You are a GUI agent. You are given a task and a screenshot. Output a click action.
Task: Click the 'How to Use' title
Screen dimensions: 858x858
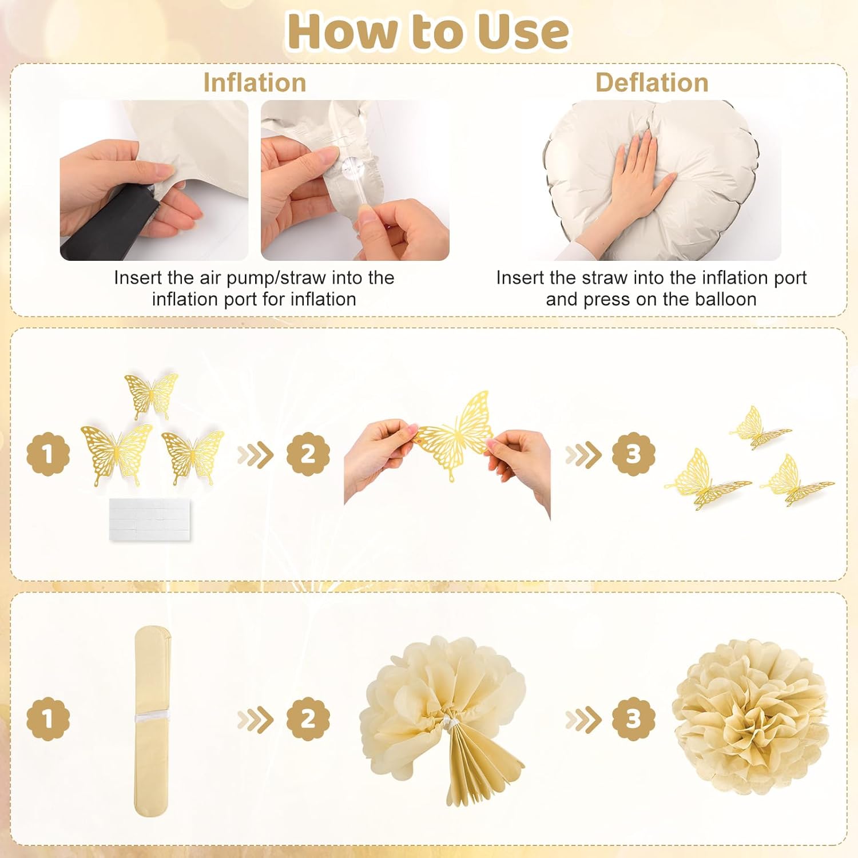[428, 31]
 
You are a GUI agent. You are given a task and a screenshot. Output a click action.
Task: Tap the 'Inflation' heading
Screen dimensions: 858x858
[255, 82]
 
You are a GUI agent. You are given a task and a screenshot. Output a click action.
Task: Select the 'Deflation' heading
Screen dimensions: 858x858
[652, 82]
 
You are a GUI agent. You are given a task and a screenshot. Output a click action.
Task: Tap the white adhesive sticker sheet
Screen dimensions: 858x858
[152, 519]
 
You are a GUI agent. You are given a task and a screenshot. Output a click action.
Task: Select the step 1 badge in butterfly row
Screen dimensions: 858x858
[48, 454]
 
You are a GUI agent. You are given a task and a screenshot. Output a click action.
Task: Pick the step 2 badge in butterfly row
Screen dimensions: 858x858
[308, 454]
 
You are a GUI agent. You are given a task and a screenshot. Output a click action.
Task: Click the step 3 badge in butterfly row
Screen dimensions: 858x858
[633, 454]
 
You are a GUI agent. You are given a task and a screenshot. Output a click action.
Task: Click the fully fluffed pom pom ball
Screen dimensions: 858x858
[749, 718]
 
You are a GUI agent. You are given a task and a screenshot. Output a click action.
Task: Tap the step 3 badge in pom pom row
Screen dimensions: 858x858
[633, 718]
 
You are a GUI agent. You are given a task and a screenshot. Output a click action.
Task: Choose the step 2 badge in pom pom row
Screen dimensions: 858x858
[308, 718]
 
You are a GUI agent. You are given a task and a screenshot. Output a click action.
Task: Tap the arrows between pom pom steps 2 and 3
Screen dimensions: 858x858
[583, 720]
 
